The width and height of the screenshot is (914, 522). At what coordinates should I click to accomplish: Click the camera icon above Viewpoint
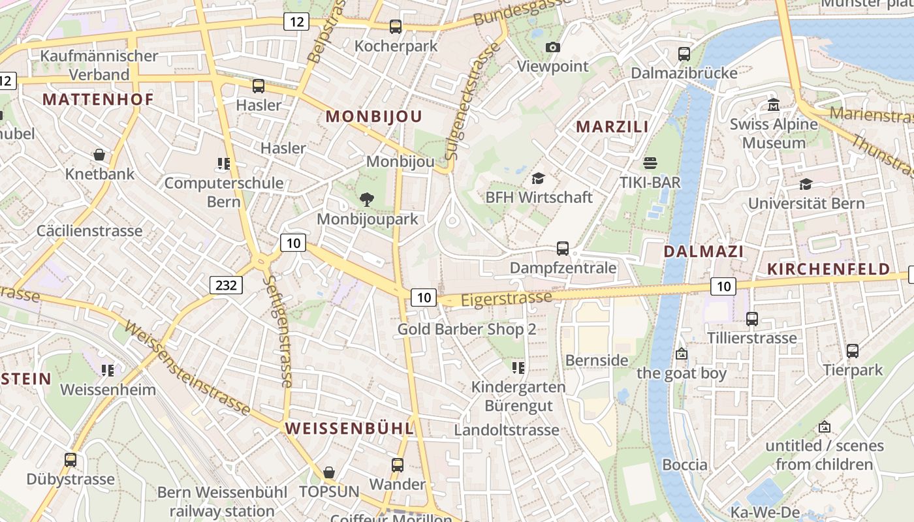pos(552,47)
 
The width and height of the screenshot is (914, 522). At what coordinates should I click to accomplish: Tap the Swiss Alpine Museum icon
pos(774,104)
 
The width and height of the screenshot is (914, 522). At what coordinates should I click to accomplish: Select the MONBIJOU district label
pos(374,117)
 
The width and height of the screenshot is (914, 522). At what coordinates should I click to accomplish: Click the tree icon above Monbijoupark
pos(367,200)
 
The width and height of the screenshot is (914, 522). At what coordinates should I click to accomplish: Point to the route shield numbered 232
pos(227,284)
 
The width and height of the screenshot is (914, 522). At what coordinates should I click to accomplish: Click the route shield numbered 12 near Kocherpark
pos(296,22)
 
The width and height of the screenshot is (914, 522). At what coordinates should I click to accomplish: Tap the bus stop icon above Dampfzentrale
pos(563,249)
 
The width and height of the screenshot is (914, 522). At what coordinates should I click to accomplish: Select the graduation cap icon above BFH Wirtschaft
pos(539,178)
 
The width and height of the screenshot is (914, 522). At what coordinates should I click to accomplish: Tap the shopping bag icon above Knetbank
pos(99,155)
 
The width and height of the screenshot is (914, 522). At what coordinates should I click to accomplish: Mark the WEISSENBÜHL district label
pos(349,428)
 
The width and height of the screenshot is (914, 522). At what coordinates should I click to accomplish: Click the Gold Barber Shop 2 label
pos(467,330)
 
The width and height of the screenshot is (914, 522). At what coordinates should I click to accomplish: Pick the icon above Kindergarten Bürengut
pos(518,368)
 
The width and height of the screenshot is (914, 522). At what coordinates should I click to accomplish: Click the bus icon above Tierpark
pos(853,351)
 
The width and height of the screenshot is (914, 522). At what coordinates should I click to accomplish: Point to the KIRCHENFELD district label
pos(828,269)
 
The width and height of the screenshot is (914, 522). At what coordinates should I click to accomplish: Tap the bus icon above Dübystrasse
pos(71,460)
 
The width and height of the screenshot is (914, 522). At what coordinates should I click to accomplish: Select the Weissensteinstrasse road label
pos(187,368)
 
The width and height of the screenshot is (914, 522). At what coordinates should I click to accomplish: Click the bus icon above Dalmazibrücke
pos(684,54)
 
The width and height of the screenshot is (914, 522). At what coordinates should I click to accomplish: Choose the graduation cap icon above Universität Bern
pos(806,184)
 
